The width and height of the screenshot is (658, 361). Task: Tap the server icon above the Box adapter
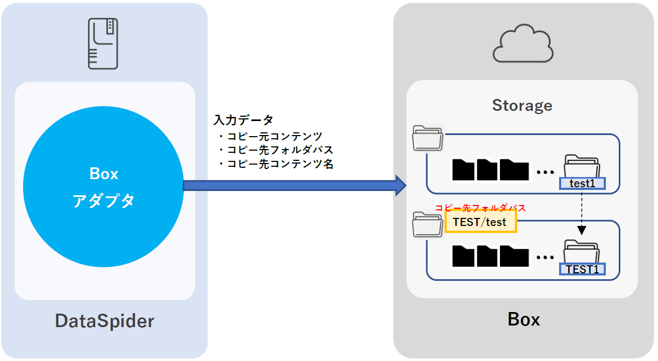[103, 44]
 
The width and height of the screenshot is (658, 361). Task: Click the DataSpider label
[104, 321]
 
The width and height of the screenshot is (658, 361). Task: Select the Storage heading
[522, 105]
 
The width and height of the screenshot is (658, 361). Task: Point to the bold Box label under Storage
[524, 320]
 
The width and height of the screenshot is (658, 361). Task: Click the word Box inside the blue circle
[103, 174]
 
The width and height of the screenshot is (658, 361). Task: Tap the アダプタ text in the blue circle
[103, 201]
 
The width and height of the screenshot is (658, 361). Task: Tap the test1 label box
[582, 183]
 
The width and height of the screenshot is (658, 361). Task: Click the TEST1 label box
[582, 269]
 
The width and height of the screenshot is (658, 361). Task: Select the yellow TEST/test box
[481, 222]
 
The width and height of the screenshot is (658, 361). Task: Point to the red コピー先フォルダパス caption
[480, 208]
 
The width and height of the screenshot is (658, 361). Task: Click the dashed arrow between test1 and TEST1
[582, 213]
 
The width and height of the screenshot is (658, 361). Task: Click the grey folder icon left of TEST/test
[428, 224]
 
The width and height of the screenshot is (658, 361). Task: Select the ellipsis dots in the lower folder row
[545, 258]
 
